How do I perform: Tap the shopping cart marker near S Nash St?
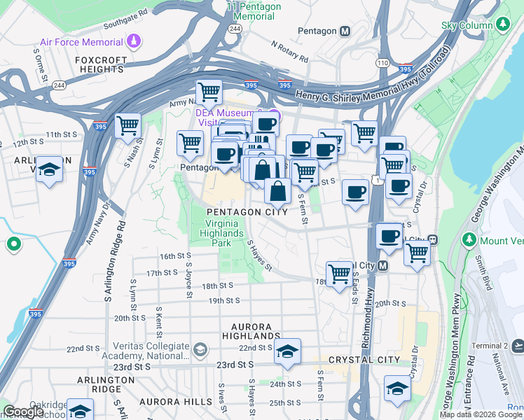click(128, 127)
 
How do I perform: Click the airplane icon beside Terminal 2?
click(518, 346)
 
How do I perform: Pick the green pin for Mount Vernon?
click(470, 240)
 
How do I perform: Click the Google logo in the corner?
click(23, 412)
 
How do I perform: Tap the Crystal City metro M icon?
click(382, 265)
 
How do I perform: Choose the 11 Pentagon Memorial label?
click(254, 10)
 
